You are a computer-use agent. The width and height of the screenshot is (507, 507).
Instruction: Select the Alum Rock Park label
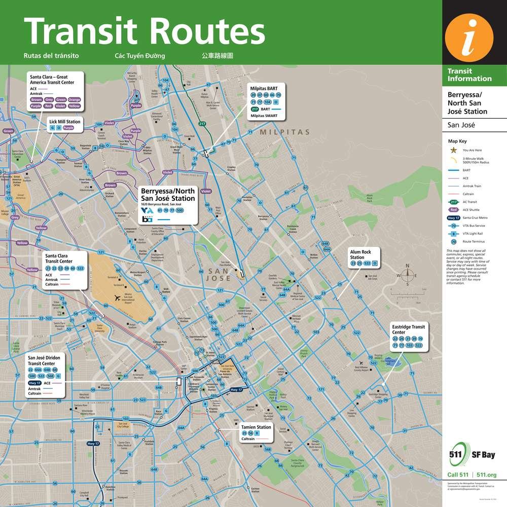370,198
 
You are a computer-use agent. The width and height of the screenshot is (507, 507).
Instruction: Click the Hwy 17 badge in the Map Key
454,217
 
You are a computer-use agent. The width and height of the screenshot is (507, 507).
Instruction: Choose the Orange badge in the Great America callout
75,100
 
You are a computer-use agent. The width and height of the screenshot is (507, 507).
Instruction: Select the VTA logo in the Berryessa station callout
147,210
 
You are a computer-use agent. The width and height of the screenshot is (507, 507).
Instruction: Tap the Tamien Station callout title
257,427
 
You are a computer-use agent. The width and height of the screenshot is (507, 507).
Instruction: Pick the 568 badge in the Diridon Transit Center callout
50,376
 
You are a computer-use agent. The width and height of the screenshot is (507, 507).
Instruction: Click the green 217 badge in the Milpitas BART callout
255,109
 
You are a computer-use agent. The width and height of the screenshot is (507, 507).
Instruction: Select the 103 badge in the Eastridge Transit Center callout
409,345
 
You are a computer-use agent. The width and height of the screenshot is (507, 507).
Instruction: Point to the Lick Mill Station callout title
64,122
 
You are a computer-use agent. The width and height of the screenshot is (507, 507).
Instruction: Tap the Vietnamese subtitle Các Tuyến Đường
140,55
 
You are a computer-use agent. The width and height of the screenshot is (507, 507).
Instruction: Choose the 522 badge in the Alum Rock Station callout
366,264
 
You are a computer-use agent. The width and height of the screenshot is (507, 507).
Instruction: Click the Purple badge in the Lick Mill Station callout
68,128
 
